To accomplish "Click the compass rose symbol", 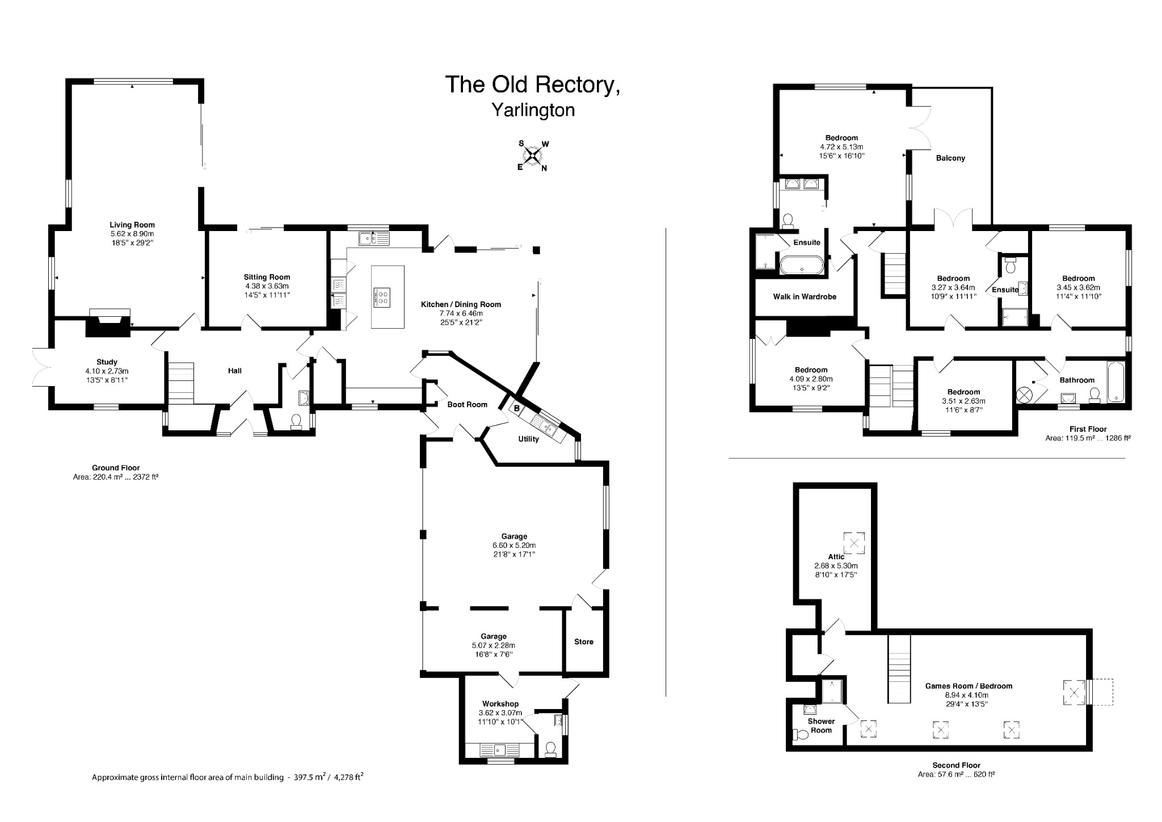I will click(532, 155).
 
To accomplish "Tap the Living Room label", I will click(132, 225).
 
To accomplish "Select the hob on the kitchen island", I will click(382, 297).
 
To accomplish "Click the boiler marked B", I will click(517, 408).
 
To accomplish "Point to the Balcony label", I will click(950, 158).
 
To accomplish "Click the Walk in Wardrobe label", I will click(805, 296).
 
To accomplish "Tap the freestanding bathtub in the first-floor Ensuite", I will click(801, 265).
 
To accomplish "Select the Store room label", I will click(583, 641).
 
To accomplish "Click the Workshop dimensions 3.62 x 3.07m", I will click(500, 713).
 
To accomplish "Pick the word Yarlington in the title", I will click(533, 110).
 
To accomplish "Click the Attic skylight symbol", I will click(854, 543).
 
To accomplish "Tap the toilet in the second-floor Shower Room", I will click(801, 735).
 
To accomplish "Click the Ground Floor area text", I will click(116, 477).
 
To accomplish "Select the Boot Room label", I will click(467, 404).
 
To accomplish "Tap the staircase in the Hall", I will click(181, 384).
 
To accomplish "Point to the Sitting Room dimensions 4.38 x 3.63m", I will click(267, 286).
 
